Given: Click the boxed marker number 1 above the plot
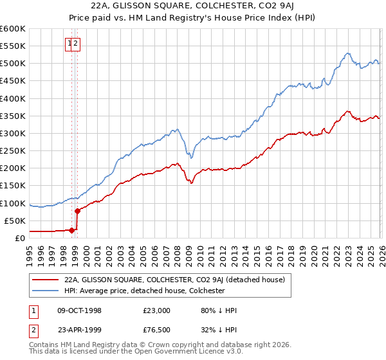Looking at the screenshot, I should (69, 44).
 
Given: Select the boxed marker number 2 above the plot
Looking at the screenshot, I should (76, 44).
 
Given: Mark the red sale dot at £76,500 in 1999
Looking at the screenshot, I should (78, 211).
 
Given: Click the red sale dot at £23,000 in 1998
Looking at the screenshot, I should (72, 230).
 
